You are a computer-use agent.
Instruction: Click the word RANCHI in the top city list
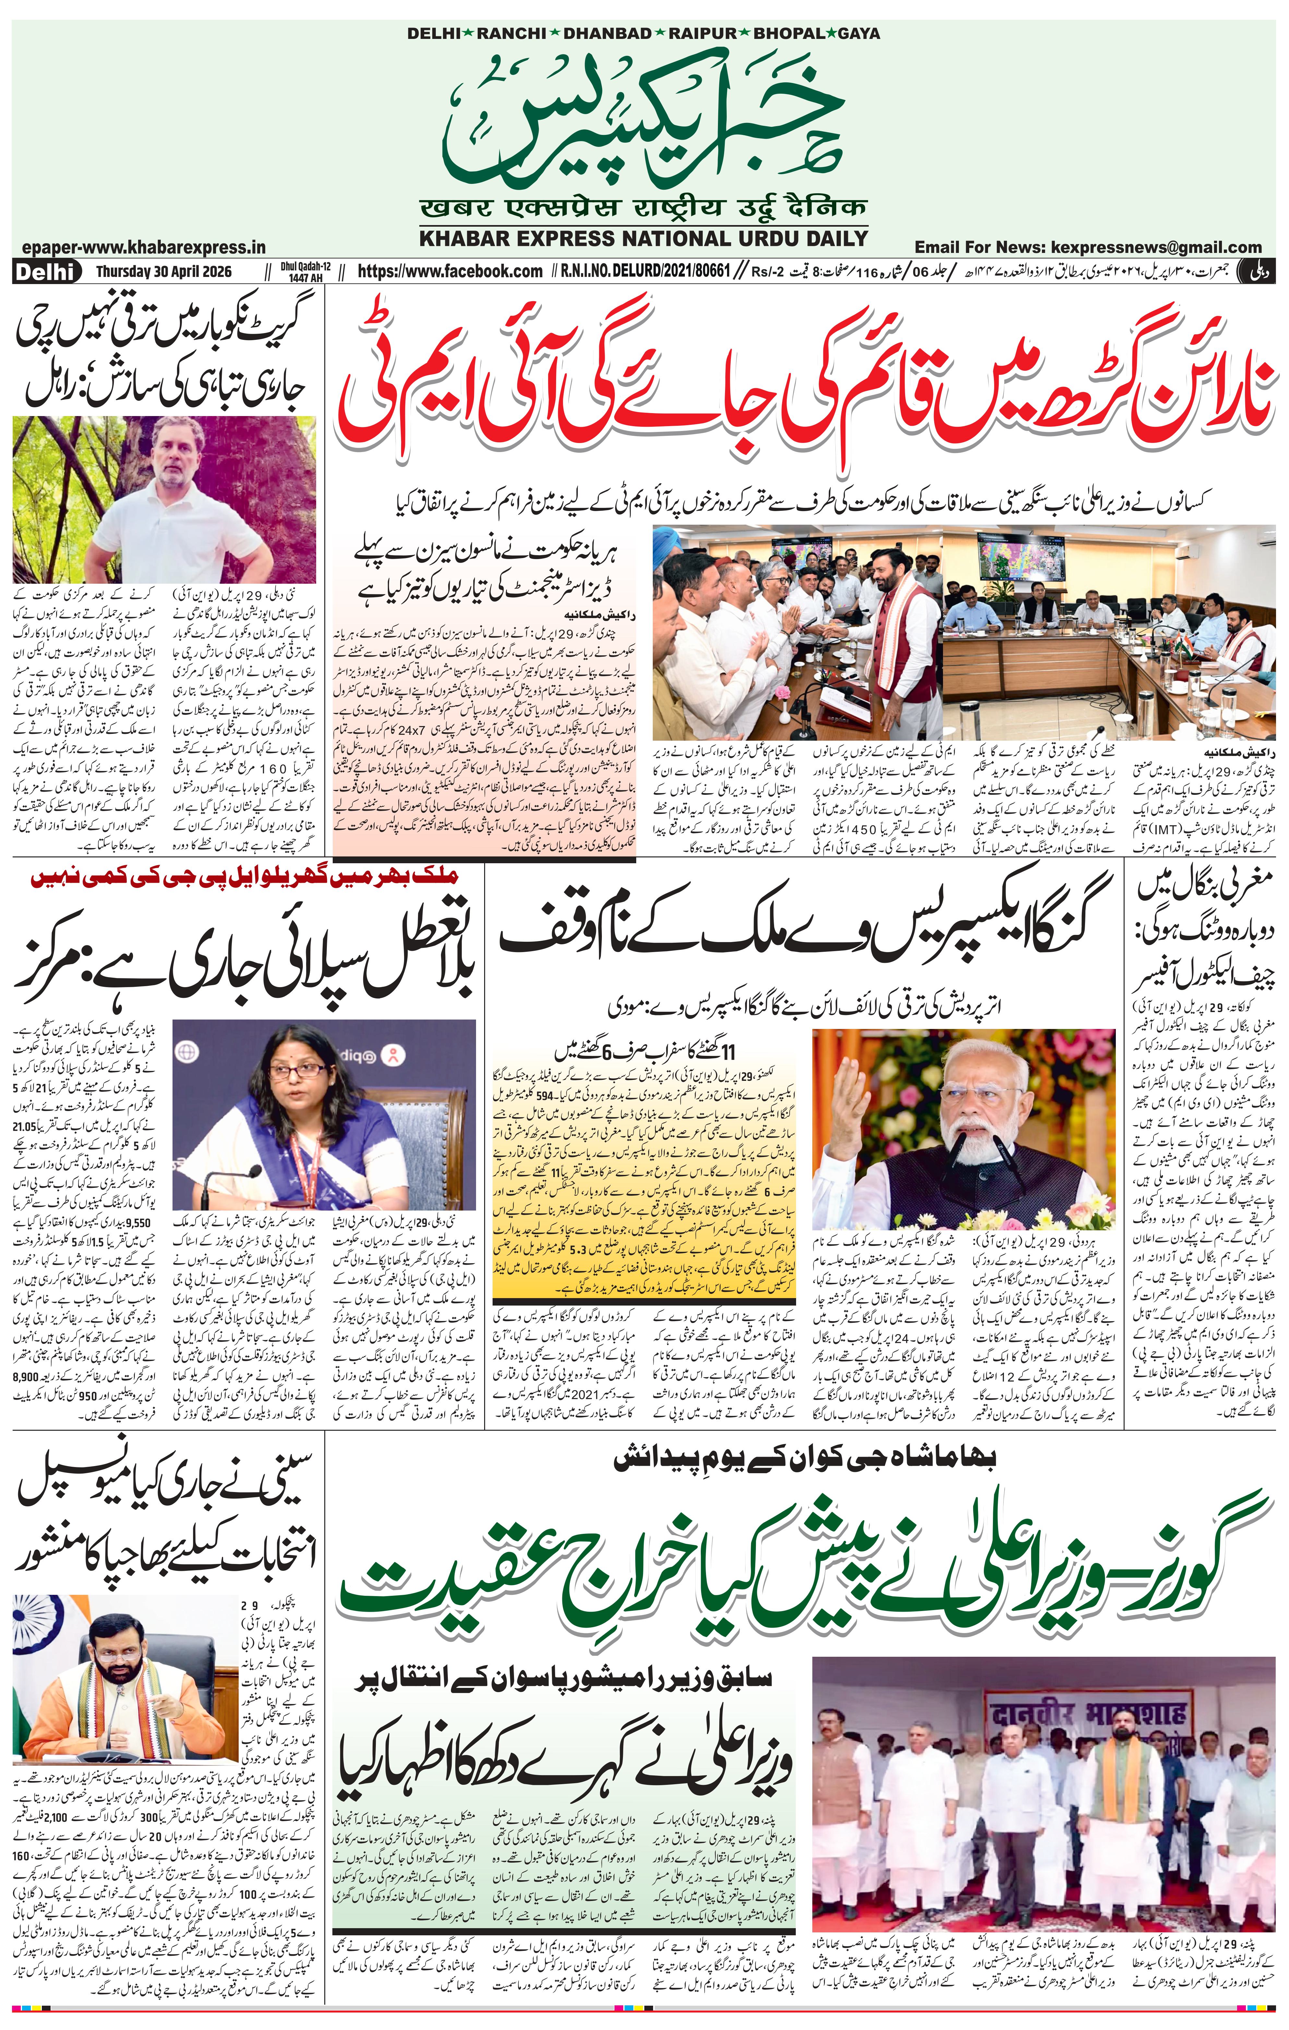pyautogui.click(x=512, y=34)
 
